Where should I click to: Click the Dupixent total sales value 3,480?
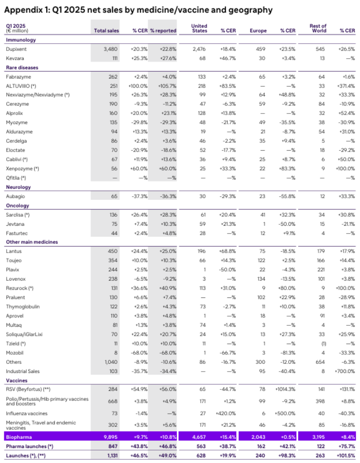[111, 49]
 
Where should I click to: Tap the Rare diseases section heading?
[22, 67]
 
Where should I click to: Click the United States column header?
[199, 28]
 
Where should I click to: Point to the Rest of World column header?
[318, 28]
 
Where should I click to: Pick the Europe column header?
[258, 30]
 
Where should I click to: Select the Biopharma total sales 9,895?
[110, 437]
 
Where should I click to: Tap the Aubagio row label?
[15, 196]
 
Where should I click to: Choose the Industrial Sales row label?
[24, 371]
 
